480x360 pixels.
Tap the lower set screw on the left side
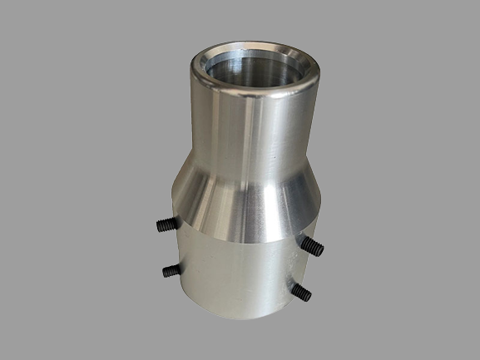coord(171,270)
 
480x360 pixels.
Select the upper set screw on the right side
coord(312,245)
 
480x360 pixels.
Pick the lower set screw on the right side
coord(301,291)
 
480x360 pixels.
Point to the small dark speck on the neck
coord(274,155)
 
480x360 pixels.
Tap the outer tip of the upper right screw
coord(320,250)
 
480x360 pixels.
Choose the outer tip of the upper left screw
coord(156,223)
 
